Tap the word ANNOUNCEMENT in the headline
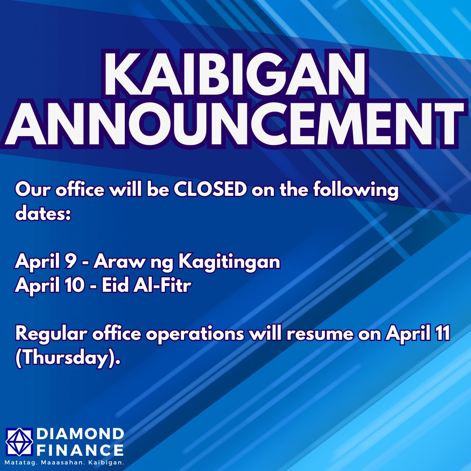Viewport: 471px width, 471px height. pos(234,124)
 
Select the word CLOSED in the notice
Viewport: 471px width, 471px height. pos(210,190)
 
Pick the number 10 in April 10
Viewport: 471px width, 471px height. pos(75,285)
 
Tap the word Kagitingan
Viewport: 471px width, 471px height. pos(229,262)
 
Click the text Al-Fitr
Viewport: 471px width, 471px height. pos(162,285)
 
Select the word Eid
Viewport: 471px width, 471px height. pos(116,285)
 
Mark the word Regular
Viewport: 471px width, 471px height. pos(51,334)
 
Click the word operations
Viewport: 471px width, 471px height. pos(195,334)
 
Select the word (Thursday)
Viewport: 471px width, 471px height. pos(68,358)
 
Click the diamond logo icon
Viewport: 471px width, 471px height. pos(19,441)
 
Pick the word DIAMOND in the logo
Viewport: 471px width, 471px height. pos(80,434)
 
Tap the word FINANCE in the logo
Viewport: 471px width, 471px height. pos(80,450)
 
